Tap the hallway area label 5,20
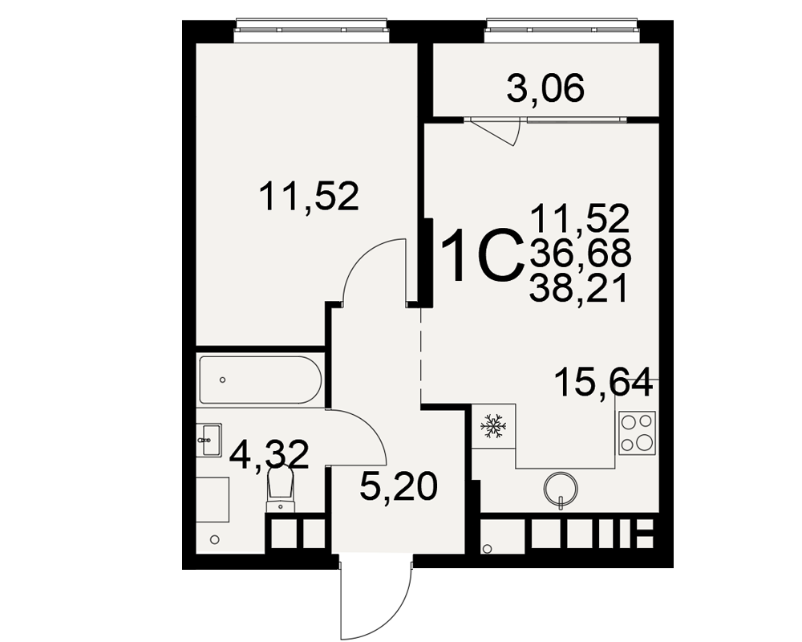pos(399,486)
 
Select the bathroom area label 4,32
pos(269,454)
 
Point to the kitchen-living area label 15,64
pos(604,382)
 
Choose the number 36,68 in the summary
pos(580,254)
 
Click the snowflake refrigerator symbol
pos(493,426)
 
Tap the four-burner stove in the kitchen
pos(638,433)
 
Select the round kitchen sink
pos(561,488)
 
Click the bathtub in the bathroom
pos(261,380)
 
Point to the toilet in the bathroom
pos(280,490)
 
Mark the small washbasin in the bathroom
pos(209,439)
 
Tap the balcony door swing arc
pos(516,134)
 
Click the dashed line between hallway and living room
pos(420,355)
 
